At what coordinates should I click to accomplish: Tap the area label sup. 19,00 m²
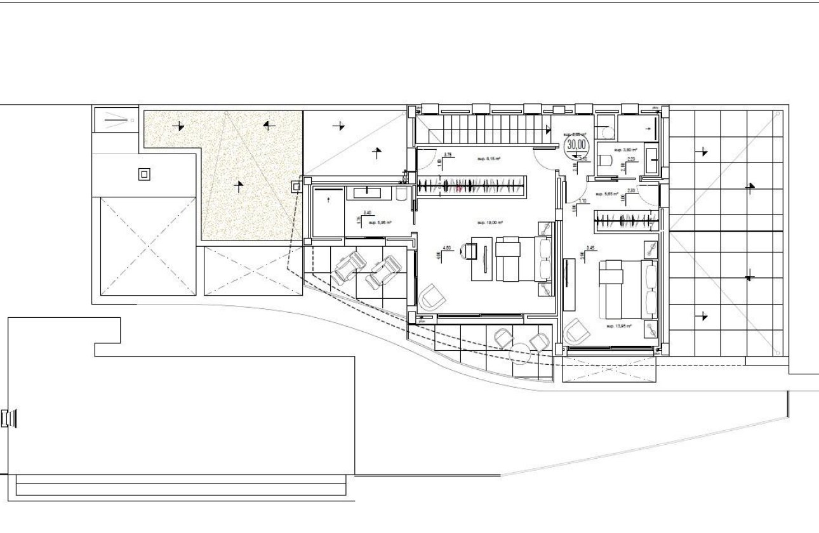(490, 223)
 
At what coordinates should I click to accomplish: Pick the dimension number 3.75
(447, 155)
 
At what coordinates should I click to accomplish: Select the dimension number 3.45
(590, 248)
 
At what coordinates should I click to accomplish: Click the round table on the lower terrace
(521, 352)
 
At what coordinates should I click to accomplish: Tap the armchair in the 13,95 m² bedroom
(577, 331)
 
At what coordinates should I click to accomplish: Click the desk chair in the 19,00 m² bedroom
(469, 251)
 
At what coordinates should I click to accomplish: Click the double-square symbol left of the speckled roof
(145, 174)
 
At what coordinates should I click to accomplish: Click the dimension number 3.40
(367, 213)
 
